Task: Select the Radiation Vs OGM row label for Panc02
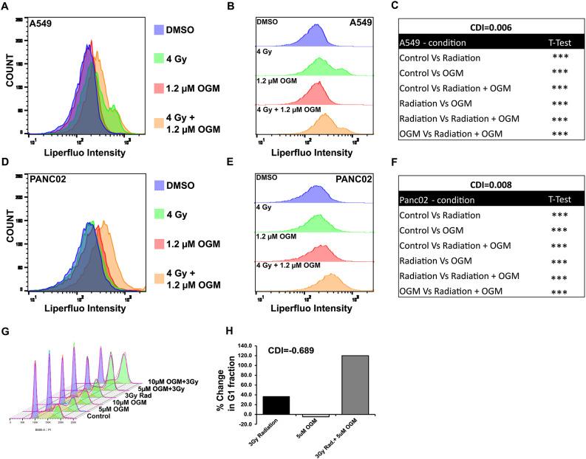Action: point(437,260)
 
